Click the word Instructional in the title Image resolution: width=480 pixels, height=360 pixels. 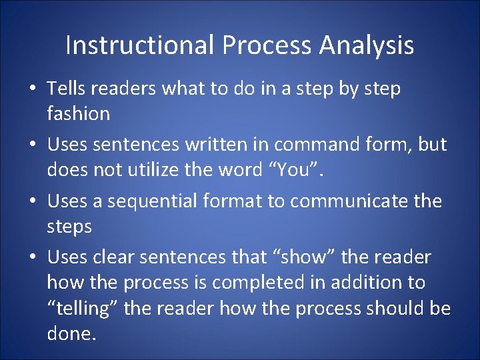pyautogui.click(x=140, y=45)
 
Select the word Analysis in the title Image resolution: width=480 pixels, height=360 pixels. pyautogui.click(x=366, y=45)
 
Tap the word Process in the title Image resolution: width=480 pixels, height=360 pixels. pyautogui.click(x=268, y=45)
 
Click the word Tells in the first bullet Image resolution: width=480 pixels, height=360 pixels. pyautogui.click(x=65, y=89)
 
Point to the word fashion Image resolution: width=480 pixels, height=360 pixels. pyautogui.click(x=78, y=114)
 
